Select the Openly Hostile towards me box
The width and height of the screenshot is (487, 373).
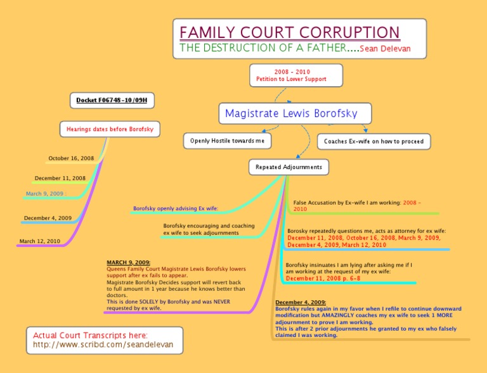click(x=228, y=141)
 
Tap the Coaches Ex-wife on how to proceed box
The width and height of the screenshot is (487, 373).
click(x=373, y=141)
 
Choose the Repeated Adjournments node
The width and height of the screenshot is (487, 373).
click(x=289, y=167)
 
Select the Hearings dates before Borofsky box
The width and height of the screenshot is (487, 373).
click(x=110, y=129)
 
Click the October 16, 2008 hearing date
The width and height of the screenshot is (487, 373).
click(x=71, y=158)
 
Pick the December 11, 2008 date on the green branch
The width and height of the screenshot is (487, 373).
click(x=60, y=179)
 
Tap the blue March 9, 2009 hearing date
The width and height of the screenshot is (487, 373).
click(x=46, y=194)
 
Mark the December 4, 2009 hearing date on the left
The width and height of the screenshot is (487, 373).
click(x=48, y=218)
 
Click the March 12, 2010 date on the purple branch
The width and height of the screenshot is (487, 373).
click(x=40, y=241)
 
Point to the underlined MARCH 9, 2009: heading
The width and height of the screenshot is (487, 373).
click(x=128, y=262)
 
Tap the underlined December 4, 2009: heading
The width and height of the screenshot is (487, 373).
click(x=301, y=303)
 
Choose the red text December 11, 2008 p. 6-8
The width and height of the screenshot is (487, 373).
click(x=323, y=278)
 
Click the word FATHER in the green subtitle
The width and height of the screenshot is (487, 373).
click(x=318, y=48)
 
